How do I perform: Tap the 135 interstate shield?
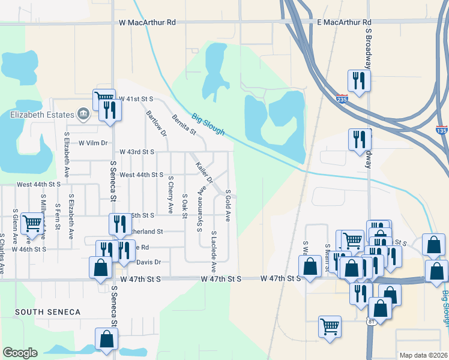pos(441,130)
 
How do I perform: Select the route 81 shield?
pos(372,323)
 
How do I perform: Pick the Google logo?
pos(20,353)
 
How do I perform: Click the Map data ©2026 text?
pos(423,355)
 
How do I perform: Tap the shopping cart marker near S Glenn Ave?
pos(31,224)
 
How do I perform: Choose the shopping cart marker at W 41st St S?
pos(103,99)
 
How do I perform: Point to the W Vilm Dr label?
pos(93,143)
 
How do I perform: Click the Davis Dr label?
pos(149,262)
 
